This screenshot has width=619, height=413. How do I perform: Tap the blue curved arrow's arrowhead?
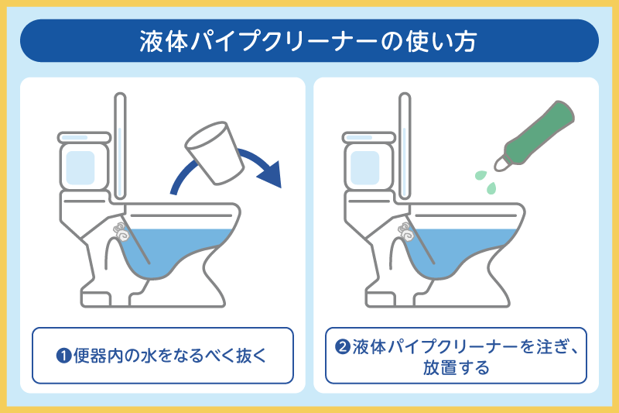point(272,174)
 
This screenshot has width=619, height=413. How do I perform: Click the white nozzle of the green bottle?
point(501,163)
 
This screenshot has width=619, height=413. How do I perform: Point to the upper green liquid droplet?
point(480,174)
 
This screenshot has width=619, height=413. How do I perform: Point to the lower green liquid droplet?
point(491,188)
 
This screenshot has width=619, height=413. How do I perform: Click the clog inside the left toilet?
point(121,232)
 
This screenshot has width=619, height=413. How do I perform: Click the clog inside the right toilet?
point(405,232)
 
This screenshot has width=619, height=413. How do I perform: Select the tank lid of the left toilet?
point(84,137)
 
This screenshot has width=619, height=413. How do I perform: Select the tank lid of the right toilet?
point(369,137)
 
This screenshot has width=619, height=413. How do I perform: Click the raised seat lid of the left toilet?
point(120,146)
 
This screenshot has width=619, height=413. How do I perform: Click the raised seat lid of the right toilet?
point(405,146)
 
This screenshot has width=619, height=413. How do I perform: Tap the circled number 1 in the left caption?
point(63,356)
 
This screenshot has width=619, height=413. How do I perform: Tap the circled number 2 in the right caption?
point(342,346)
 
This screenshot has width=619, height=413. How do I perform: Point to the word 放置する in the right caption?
point(457,367)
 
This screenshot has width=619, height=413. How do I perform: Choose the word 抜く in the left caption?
point(252,356)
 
